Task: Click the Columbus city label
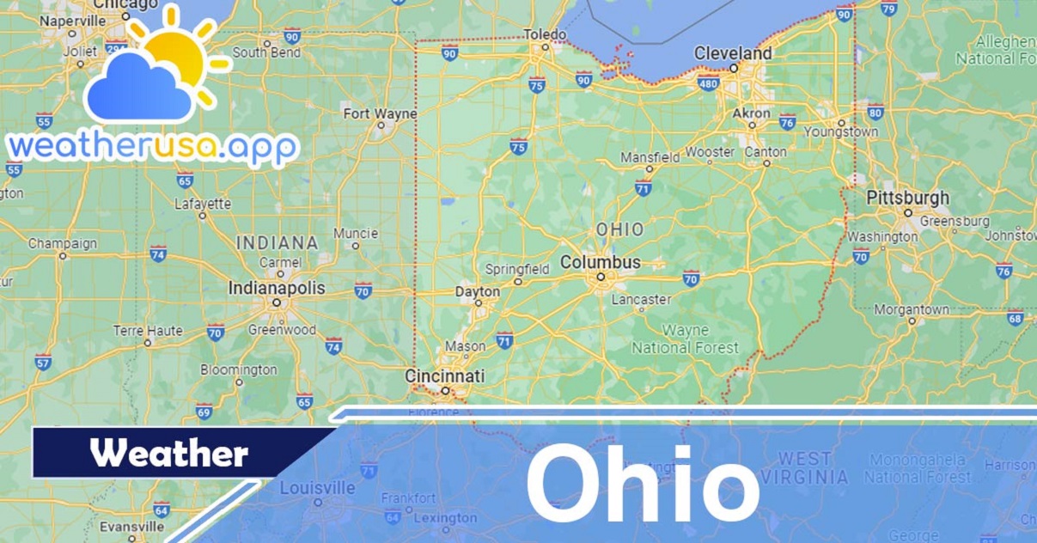coord(601,262)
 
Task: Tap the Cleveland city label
coord(732,53)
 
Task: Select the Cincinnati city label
coord(444,376)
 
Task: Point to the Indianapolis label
coord(276,288)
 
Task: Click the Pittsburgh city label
coord(907,198)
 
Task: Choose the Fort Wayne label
coord(380,113)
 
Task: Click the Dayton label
coord(477,292)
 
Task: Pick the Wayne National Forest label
coord(685,339)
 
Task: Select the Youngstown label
coord(840,132)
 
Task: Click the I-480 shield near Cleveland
coord(708,83)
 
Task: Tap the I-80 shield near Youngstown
coord(875,112)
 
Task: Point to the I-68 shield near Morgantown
coord(1016,318)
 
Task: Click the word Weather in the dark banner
coord(169,453)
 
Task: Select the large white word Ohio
coord(643,484)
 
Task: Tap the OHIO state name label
coord(619,229)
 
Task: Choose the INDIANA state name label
coord(277,242)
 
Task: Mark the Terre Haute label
coord(148,331)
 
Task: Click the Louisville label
coord(317,488)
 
